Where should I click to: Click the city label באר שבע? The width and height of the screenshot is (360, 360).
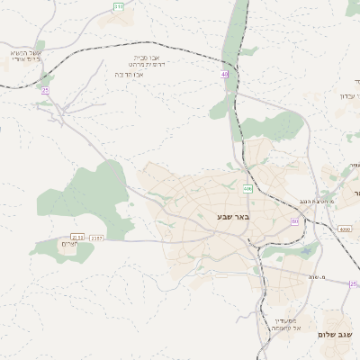232,216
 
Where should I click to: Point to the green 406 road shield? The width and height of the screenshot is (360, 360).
247,188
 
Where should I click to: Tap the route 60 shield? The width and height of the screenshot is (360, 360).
294,220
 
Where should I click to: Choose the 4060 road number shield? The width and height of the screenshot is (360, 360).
345,229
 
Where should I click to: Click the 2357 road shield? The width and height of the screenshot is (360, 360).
97,238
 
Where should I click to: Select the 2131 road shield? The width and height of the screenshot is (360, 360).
77,238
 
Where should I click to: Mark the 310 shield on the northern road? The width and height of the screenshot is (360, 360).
119,6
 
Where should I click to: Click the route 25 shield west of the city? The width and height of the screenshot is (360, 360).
45,90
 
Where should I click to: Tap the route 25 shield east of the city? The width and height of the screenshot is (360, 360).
354,284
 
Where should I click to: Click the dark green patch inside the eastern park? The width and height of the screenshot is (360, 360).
306,251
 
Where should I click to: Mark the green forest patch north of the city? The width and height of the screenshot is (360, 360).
270,126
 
